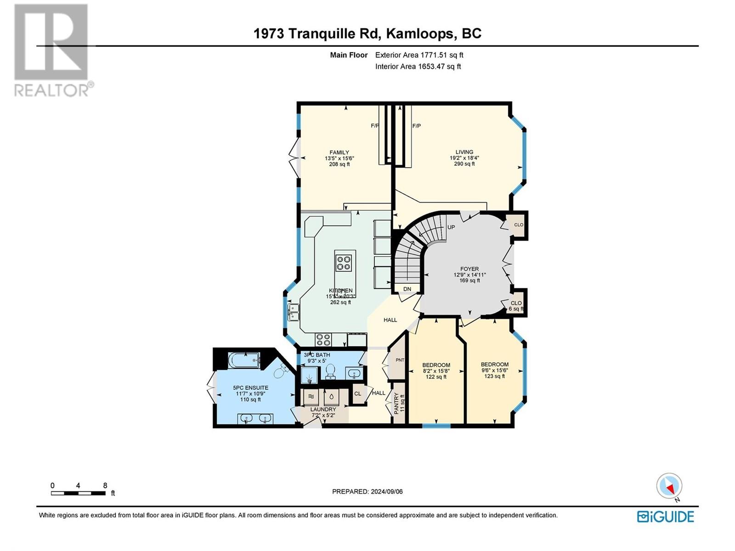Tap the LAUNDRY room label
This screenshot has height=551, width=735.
click(323, 409)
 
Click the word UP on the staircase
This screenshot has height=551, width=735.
click(451, 227)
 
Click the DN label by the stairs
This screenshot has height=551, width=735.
click(407, 289)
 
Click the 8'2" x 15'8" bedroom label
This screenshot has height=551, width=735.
click(436, 371)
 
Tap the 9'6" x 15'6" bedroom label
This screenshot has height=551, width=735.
click(494, 370)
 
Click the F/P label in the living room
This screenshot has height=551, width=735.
click(417, 126)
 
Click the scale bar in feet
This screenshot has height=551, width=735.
click(79, 493)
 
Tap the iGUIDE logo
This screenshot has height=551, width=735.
click(665, 516)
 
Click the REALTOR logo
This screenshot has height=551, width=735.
click(51, 51)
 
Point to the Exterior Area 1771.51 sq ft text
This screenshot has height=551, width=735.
click(419, 55)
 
